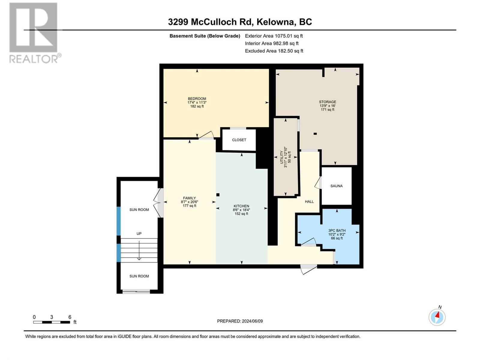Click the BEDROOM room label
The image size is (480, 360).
(x=197, y=99)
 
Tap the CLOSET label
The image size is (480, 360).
(x=239, y=140)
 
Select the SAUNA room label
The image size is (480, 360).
(x=336, y=186)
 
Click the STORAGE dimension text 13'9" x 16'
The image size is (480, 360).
(x=327, y=106)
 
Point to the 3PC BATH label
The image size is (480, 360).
(x=337, y=230)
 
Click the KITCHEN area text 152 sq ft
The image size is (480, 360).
(x=241, y=214)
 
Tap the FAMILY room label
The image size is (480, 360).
(x=189, y=198)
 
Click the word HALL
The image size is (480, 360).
(x=309, y=202)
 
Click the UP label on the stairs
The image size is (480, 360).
(x=139, y=233)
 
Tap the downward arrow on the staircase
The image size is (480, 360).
(x=139, y=249)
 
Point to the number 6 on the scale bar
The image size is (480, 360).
(x=70, y=317)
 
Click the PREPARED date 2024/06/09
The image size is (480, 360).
(x=252, y=321)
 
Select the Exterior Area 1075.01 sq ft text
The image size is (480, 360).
(x=274, y=36)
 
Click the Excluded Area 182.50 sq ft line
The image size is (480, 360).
(x=274, y=51)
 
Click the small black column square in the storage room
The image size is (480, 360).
(x=315, y=134)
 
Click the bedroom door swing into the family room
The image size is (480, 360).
(x=207, y=135)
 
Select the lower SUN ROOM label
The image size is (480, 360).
(x=139, y=276)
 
